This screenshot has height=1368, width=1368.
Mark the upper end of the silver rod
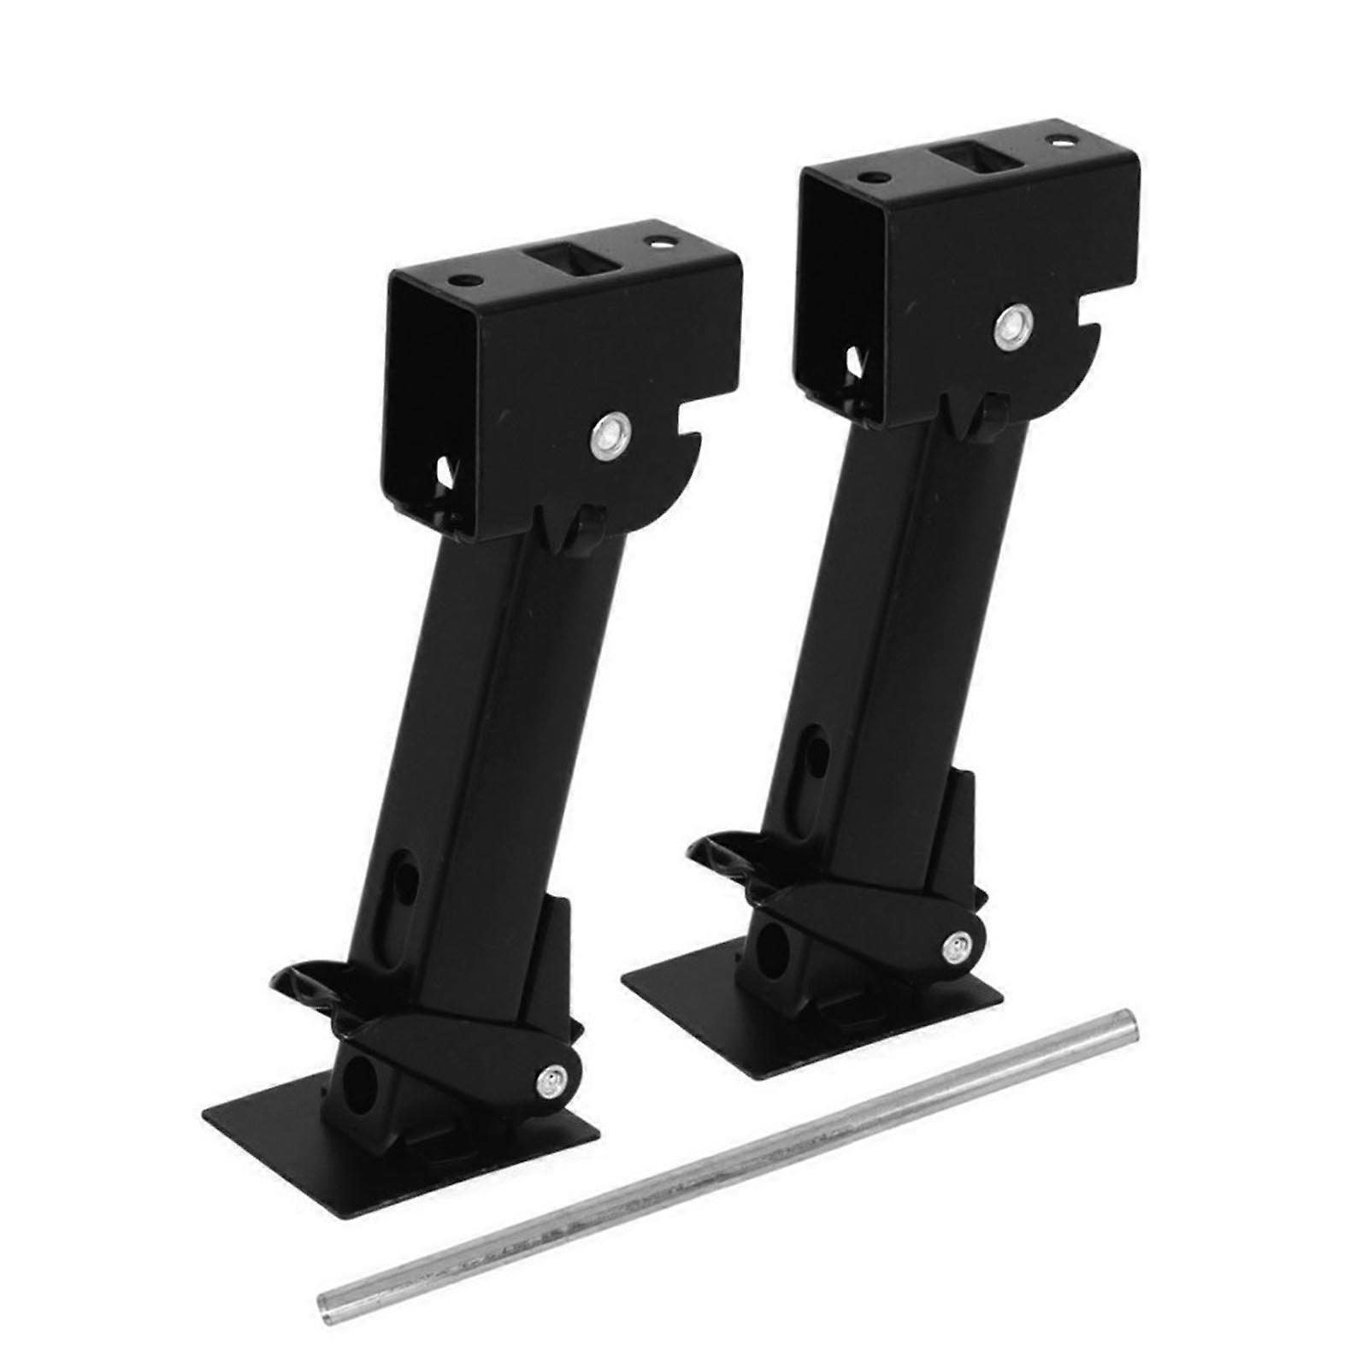1128,1022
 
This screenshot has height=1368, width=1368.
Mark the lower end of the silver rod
328,1269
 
